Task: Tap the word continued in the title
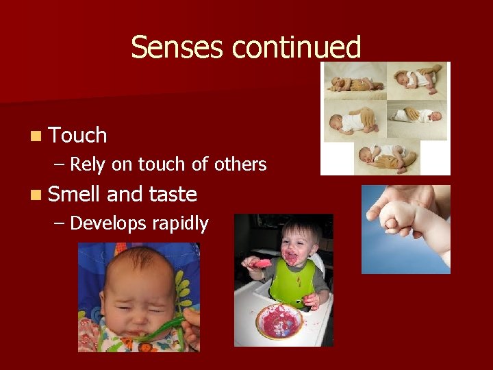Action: tap(296, 48)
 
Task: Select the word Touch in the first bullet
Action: tap(78, 136)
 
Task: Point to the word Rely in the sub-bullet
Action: tap(86, 164)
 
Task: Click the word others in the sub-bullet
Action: tap(240, 164)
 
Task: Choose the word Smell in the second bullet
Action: tap(75, 195)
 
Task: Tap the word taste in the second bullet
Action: tap(173, 195)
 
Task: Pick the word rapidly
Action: tap(181, 223)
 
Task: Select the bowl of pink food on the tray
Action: tap(279, 321)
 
